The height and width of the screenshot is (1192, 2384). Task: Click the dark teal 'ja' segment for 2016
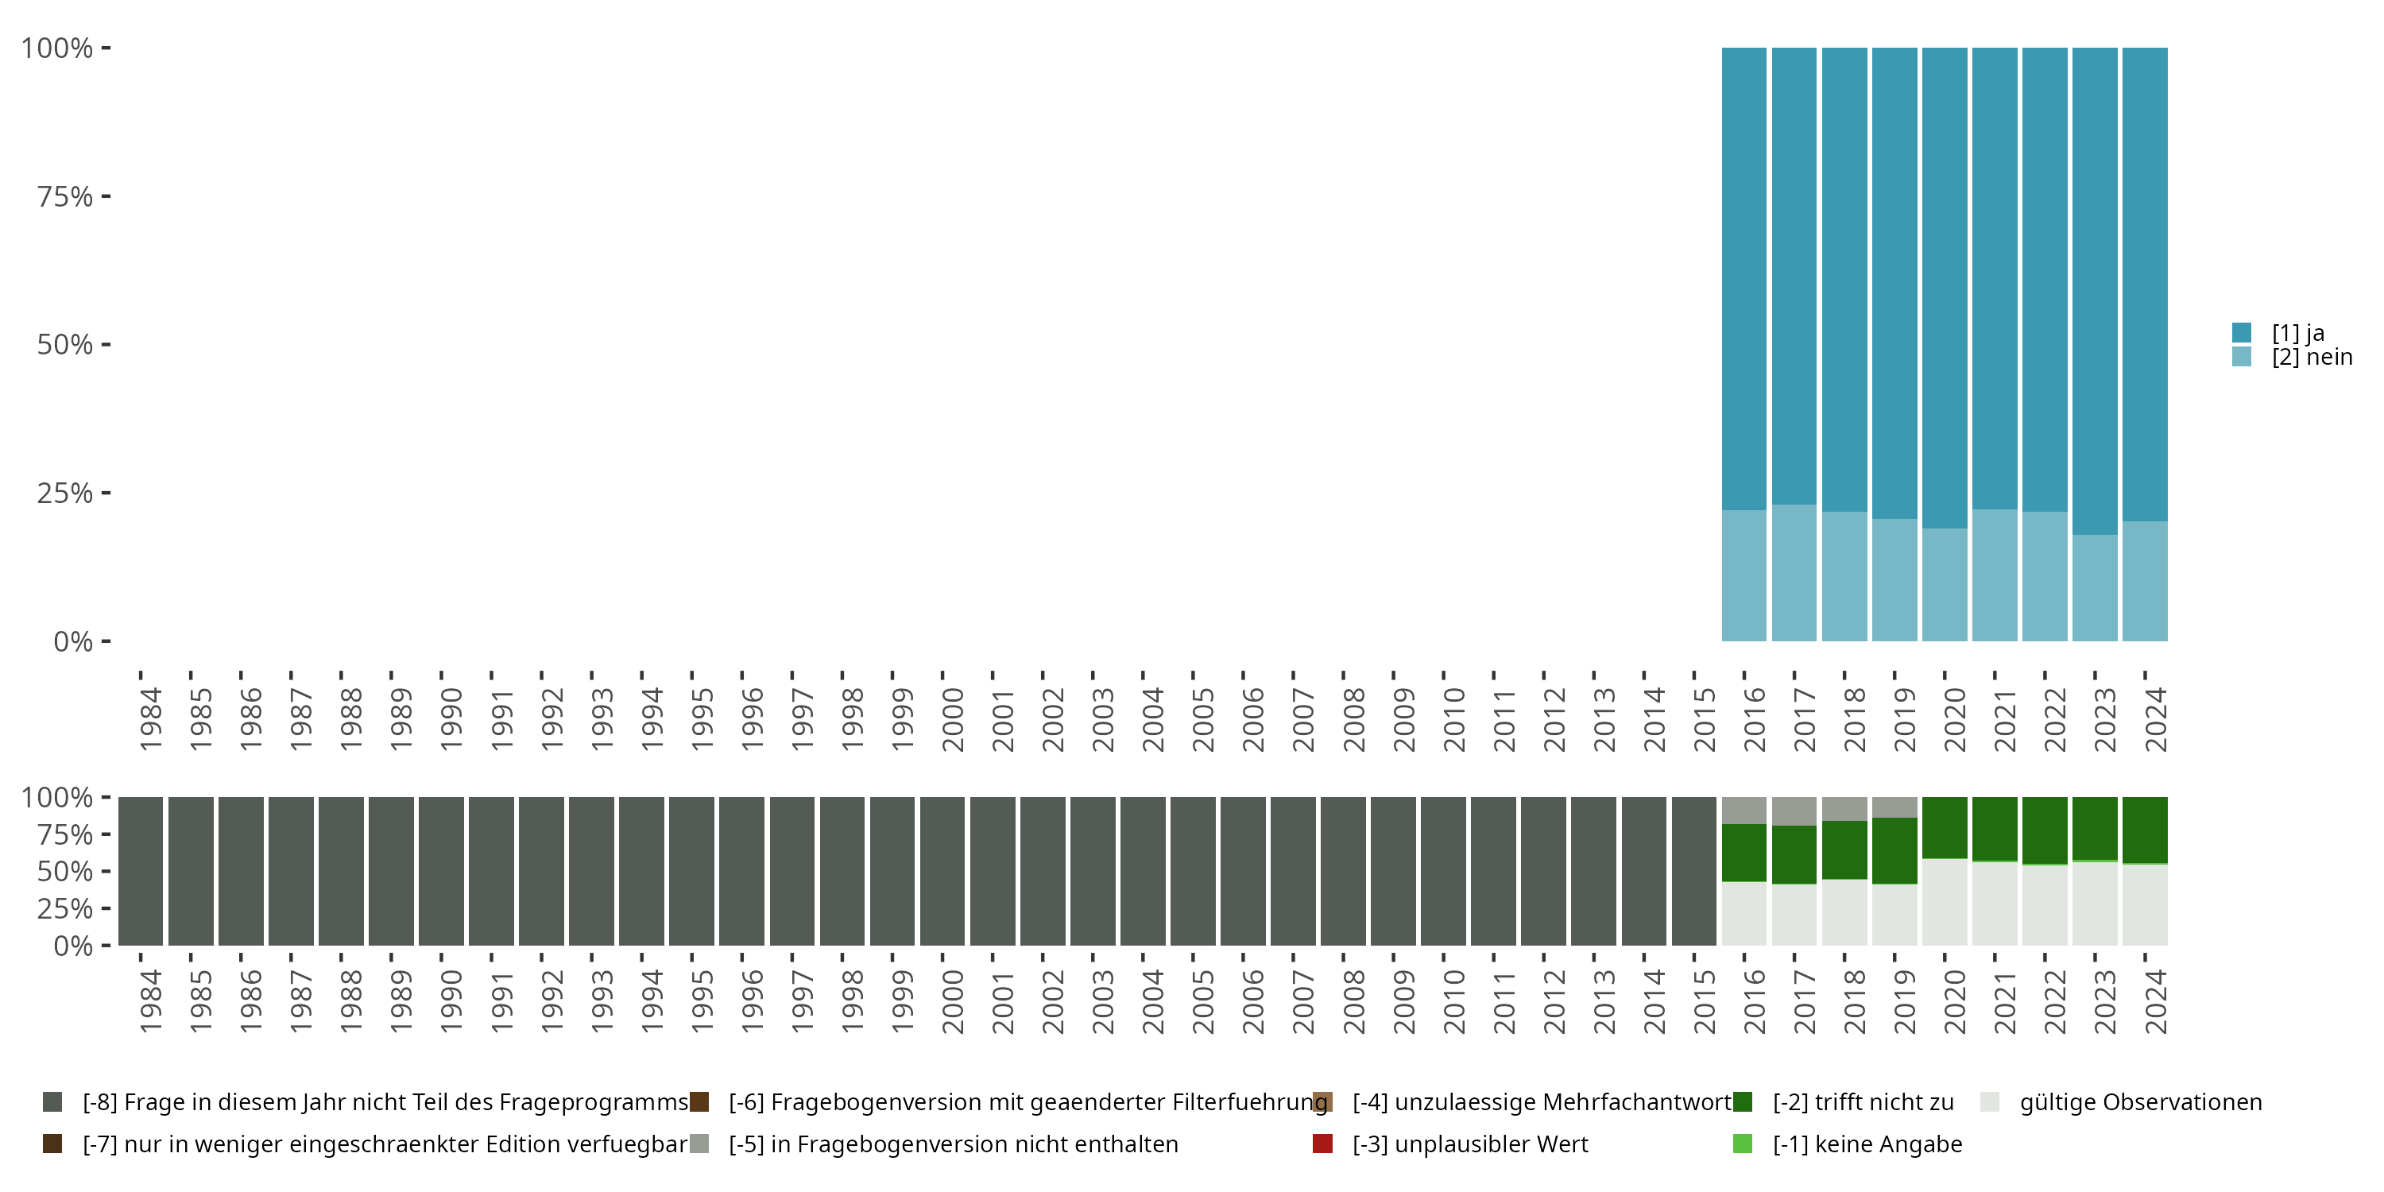1743,277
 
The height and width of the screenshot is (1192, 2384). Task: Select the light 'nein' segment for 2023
2094,588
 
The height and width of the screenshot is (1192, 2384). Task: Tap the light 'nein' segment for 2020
1945,585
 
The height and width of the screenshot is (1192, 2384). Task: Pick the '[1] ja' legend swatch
2242,332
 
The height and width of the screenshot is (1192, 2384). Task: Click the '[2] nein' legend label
2311,358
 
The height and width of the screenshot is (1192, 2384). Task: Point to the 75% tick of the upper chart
106,196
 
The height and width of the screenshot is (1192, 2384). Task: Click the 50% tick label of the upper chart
65,345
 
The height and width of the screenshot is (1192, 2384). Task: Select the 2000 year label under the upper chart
952,720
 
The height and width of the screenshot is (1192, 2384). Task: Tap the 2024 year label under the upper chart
2155,720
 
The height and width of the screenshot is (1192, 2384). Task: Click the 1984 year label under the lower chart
151,1001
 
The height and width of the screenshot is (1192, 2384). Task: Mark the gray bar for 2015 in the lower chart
1693,871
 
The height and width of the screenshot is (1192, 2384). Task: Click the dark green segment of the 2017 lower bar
1794,854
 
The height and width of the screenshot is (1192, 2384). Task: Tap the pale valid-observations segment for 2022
2045,905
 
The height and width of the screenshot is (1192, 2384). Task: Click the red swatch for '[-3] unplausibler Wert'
1322,1144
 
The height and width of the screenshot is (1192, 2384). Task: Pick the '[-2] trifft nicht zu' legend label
1862,1102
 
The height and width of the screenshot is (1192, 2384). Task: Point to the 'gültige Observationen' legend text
2140,1102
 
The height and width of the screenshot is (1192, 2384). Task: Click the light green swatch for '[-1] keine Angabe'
1743,1144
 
